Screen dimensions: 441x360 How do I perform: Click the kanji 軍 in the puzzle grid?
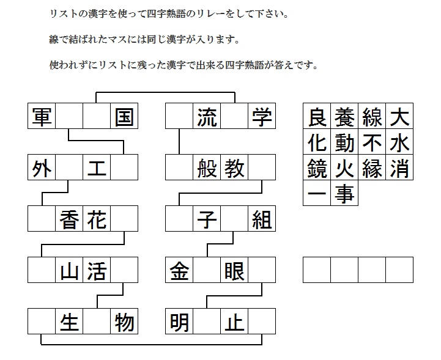[x=42, y=116]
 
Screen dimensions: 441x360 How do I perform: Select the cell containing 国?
[x=124, y=116]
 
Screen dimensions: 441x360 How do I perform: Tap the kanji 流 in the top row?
[x=207, y=116]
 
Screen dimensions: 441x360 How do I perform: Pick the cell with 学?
[x=262, y=116]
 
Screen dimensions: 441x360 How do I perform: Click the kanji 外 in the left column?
[x=42, y=167]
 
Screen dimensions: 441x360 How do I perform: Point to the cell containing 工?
[x=97, y=167]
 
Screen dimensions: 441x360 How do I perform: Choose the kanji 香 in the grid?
[x=69, y=219]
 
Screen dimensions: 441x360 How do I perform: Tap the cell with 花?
[x=97, y=219]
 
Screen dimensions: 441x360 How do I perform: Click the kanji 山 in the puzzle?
[x=69, y=270]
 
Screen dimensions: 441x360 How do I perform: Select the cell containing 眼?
[x=234, y=270]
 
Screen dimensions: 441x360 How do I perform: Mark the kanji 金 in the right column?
[x=179, y=270]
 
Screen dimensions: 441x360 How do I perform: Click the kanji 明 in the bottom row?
[x=179, y=321]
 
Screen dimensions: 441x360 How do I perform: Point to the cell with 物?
[x=124, y=321]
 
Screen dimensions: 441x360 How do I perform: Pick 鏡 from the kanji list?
[x=317, y=167]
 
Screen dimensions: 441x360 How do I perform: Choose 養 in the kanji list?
[x=344, y=116]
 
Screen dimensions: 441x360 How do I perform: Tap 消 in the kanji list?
[x=399, y=167]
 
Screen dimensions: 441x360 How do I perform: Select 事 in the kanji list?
[x=344, y=193]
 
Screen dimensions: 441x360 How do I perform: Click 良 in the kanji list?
[x=317, y=116]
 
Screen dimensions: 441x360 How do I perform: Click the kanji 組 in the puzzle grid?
[x=262, y=219]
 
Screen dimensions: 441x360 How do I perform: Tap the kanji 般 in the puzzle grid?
[x=207, y=167]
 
